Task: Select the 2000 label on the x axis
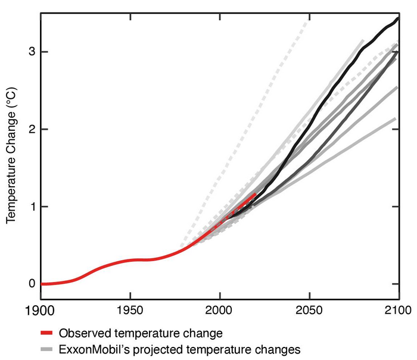click(x=220, y=311)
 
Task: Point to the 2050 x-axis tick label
click(x=309, y=311)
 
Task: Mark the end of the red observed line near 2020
click(x=256, y=193)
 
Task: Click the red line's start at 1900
click(x=41, y=284)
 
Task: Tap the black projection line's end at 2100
click(x=398, y=18)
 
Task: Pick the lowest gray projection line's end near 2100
click(x=396, y=118)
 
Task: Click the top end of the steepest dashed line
click(x=310, y=19)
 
